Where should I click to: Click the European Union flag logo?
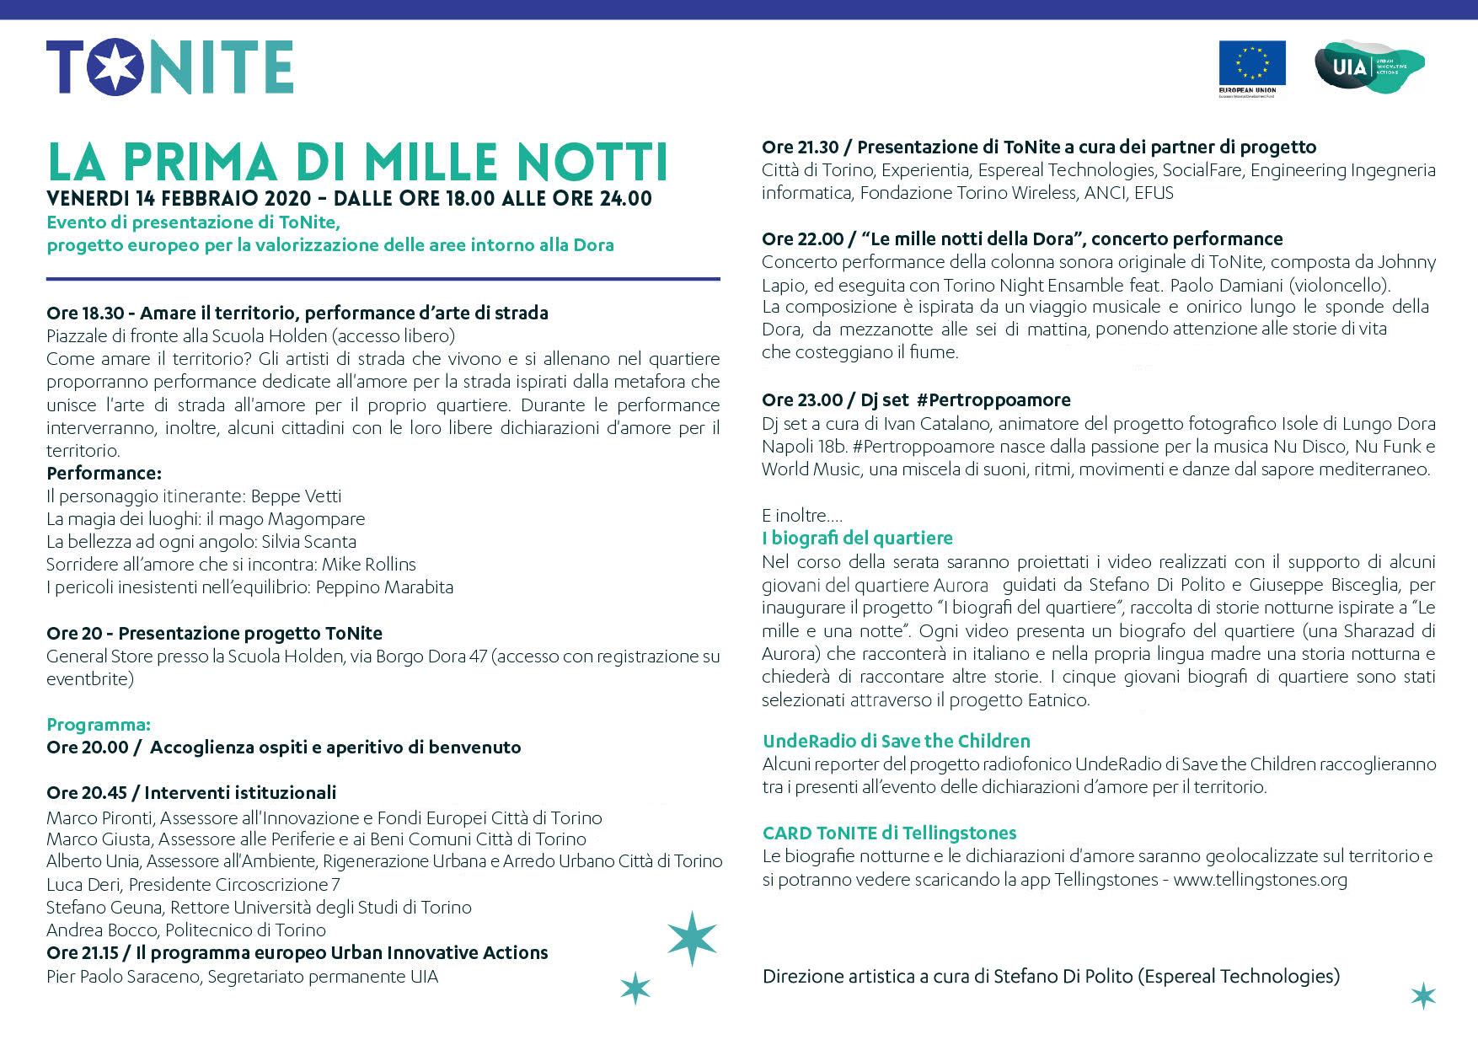click(1251, 63)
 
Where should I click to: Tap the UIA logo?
click(1368, 66)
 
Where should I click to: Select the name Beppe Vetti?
click(296, 496)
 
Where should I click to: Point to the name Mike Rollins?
click(368, 565)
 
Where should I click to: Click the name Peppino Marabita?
click(384, 587)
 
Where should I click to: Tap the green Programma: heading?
click(99, 725)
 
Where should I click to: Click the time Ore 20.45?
click(87, 793)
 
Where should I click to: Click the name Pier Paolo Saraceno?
click(123, 977)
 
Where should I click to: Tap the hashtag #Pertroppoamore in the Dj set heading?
click(993, 400)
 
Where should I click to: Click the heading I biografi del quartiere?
click(857, 539)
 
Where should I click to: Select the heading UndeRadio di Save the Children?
click(896, 742)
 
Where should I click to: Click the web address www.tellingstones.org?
click(1260, 880)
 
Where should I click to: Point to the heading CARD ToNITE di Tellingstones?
click(889, 833)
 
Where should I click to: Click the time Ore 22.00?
click(802, 239)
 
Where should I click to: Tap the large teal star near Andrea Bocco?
click(692, 937)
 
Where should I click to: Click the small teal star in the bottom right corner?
click(1423, 995)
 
